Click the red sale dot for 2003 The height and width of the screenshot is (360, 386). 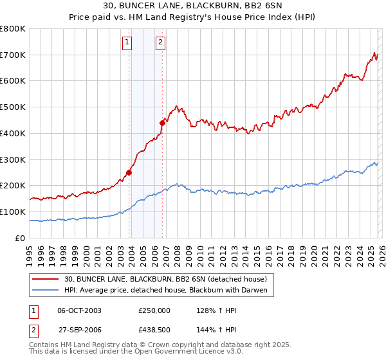point(129,172)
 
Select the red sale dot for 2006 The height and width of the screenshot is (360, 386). point(162,123)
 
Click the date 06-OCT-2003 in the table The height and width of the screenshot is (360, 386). point(80,310)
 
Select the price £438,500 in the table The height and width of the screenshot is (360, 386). point(155,328)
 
